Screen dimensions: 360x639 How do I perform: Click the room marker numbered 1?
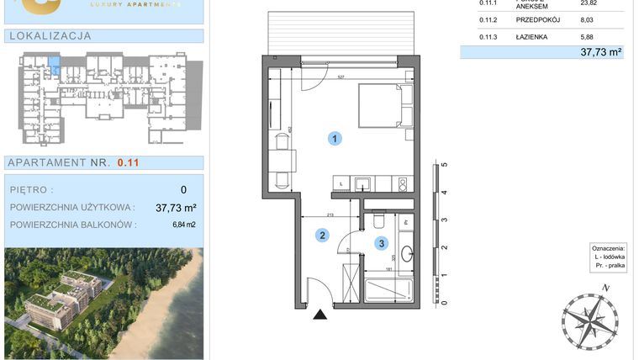pos(335,139)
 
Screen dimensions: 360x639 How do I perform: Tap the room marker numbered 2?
pos(321,236)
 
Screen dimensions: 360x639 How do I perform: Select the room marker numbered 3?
pos(383,245)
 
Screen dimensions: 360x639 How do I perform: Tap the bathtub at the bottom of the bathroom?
pos(387,289)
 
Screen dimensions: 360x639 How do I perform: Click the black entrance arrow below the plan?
pos(320,315)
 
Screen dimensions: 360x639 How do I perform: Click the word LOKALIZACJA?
pos(50,36)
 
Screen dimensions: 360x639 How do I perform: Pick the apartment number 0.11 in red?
pos(128,163)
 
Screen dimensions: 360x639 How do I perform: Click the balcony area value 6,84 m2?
pos(183,225)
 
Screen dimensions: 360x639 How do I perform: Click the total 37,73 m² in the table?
pos(600,51)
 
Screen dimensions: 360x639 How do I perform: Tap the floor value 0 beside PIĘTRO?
pos(183,190)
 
